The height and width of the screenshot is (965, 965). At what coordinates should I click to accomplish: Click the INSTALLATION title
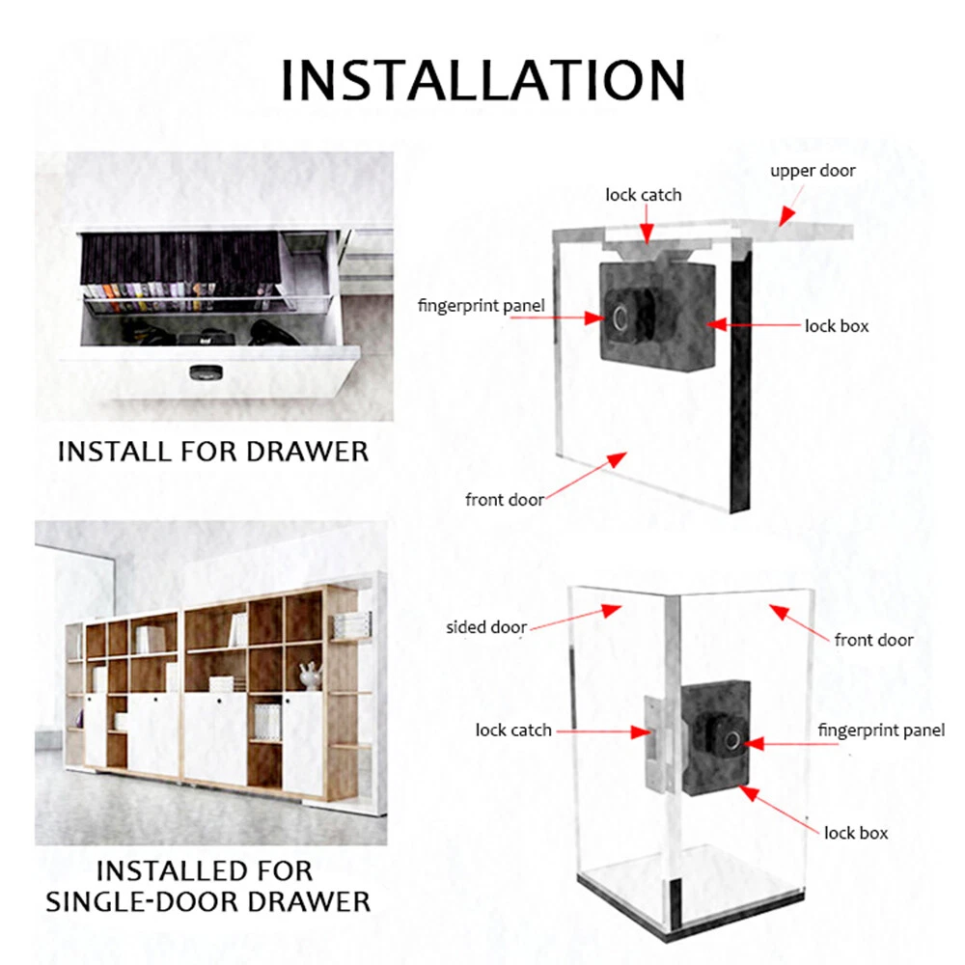pyautogui.click(x=482, y=79)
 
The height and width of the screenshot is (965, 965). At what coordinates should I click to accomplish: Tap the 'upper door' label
pyautogui.click(x=813, y=171)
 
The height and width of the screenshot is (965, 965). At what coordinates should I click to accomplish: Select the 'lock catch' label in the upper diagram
pyautogui.click(x=643, y=195)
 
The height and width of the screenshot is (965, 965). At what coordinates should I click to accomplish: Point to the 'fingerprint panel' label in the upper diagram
pyautogui.click(x=482, y=305)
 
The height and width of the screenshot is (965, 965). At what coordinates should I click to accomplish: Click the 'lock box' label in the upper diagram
pyautogui.click(x=837, y=325)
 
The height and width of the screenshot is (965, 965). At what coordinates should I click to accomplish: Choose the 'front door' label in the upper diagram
pyautogui.click(x=505, y=499)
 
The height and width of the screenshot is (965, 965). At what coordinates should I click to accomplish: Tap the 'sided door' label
pyautogui.click(x=486, y=627)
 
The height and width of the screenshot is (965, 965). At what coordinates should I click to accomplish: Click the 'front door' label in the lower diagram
pyautogui.click(x=873, y=640)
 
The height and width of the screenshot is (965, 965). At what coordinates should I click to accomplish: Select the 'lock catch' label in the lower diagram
pyautogui.click(x=513, y=730)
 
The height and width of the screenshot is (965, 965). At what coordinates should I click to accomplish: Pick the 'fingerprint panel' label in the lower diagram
pyautogui.click(x=881, y=731)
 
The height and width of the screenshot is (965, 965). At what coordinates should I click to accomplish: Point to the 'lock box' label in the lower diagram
pyautogui.click(x=856, y=833)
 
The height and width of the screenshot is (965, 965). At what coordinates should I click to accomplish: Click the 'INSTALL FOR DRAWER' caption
pyautogui.click(x=213, y=451)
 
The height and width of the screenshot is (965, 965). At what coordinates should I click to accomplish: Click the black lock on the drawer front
pyautogui.click(x=207, y=372)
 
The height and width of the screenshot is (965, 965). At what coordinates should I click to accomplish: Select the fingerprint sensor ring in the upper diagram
pyautogui.click(x=620, y=318)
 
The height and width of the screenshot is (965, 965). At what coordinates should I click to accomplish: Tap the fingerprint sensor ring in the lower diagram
pyautogui.click(x=733, y=740)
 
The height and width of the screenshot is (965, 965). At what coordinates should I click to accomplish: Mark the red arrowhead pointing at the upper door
pyautogui.click(x=786, y=216)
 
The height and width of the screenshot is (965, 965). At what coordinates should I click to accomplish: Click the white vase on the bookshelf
pyautogui.click(x=310, y=675)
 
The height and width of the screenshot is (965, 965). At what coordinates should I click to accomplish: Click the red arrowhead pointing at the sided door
pyautogui.click(x=611, y=610)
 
